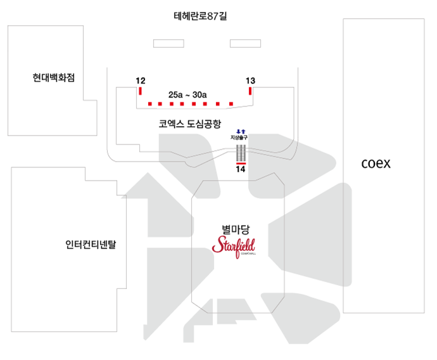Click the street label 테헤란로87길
click(x=199, y=16)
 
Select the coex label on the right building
click(x=376, y=164)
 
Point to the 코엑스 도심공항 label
click(x=189, y=124)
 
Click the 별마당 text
click(x=233, y=229)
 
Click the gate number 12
click(x=141, y=80)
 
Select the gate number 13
click(x=250, y=80)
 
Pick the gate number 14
click(x=240, y=169)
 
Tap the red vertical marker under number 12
click(x=141, y=91)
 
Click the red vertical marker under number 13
click(x=251, y=91)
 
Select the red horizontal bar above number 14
click(x=241, y=163)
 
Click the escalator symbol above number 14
click(x=241, y=152)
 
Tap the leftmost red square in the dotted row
click(x=150, y=103)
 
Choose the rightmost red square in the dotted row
click(x=232, y=103)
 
